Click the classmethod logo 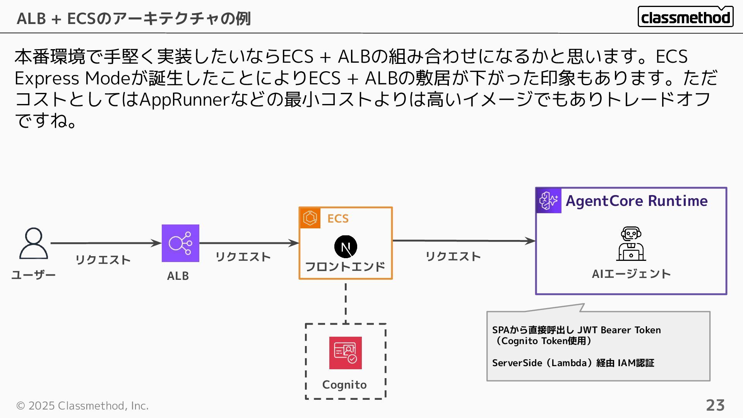pos(685,17)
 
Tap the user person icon pos(34,243)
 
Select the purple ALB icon pos(180,243)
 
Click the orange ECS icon pos(310,218)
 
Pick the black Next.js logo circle pos(346,247)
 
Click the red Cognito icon pos(346,353)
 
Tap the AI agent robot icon pos(631,244)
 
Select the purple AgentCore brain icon pos(549,200)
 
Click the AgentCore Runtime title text pos(637,201)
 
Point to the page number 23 pos(715,405)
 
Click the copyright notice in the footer pos(82,406)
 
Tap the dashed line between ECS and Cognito pos(346,302)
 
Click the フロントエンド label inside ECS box pos(345,267)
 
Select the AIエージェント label pos(631,274)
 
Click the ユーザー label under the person pos(34,275)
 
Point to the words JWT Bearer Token pos(619,330)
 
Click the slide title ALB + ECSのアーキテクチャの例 pos(134,19)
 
